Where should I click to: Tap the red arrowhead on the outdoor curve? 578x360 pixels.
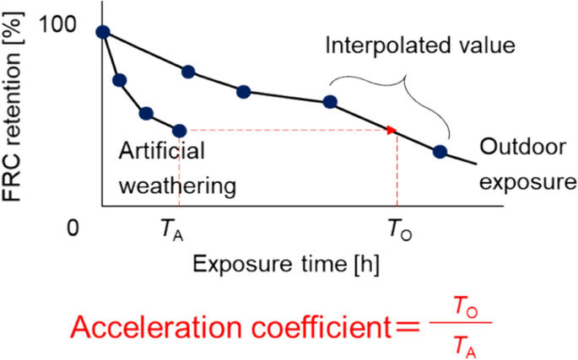pyautogui.click(x=392, y=131)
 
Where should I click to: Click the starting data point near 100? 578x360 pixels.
pyautogui.click(x=103, y=32)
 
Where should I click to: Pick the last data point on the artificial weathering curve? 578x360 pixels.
pyautogui.click(x=179, y=131)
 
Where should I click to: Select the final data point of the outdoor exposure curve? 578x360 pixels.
pyautogui.click(x=440, y=152)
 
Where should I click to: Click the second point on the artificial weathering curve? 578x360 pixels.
pyautogui.click(x=120, y=80)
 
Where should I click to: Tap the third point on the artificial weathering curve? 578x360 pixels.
pyautogui.click(x=146, y=113)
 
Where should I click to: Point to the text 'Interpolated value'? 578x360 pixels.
pyautogui.click(x=419, y=45)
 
